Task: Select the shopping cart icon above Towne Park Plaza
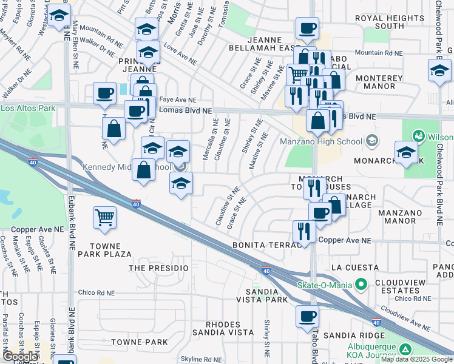tap(105, 217)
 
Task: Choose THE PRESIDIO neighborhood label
tap(159, 268)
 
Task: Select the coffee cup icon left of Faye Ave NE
tap(105, 93)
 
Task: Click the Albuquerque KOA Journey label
tap(371, 352)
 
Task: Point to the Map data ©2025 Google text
tap(416, 359)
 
